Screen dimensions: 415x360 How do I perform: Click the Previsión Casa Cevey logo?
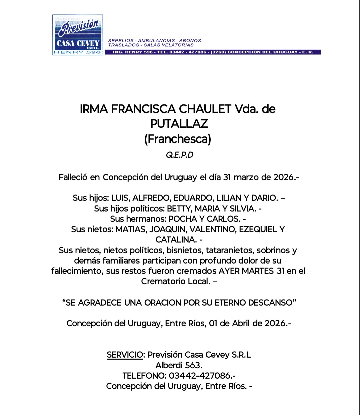[x=78, y=35]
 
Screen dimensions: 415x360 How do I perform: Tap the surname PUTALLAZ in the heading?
[x=179, y=124]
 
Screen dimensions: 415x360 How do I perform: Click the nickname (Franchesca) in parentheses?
[x=178, y=139]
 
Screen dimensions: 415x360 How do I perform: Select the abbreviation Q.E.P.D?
[x=180, y=155]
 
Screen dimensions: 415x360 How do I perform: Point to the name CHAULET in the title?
[x=205, y=109]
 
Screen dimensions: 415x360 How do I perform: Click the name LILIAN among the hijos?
[x=229, y=198]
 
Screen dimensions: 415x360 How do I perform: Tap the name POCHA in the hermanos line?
[x=183, y=219]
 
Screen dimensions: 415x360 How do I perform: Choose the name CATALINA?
[x=175, y=240]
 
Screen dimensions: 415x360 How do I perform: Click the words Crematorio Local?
[x=175, y=281]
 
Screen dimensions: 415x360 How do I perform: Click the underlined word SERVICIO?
[x=125, y=355]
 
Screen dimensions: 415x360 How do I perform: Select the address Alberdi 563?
[x=179, y=365]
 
